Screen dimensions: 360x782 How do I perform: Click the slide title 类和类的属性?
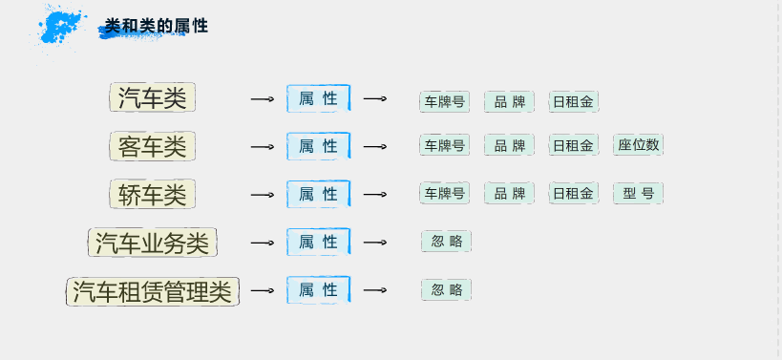tap(156, 27)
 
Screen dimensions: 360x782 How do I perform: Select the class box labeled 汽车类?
tap(153, 98)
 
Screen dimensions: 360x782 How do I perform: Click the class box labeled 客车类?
tap(153, 147)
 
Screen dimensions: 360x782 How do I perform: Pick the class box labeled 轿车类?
tap(153, 195)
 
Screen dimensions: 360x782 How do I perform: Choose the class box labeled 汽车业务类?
tap(153, 243)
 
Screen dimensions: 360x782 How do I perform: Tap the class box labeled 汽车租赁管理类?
tap(153, 290)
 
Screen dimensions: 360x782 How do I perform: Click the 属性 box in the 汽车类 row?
tap(319, 98)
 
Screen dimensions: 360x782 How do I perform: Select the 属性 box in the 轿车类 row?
tap(319, 194)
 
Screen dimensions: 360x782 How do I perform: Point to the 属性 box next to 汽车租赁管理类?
tap(319, 289)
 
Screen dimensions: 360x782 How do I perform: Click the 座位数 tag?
tap(638, 145)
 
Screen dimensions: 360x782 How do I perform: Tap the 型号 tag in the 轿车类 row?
tap(638, 194)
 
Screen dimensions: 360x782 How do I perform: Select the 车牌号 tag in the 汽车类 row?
tap(444, 101)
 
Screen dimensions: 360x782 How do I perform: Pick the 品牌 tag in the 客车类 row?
tap(509, 145)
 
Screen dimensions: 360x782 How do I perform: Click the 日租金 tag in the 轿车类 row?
tap(573, 194)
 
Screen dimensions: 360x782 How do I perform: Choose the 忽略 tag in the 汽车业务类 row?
tap(446, 242)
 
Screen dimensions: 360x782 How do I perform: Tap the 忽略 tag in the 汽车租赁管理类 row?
tap(446, 289)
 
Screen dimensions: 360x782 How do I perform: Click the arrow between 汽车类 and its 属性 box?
tap(263, 99)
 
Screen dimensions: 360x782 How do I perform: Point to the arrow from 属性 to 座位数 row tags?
tap(375, 147)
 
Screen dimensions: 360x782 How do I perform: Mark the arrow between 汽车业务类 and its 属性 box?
tap(263, 243)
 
